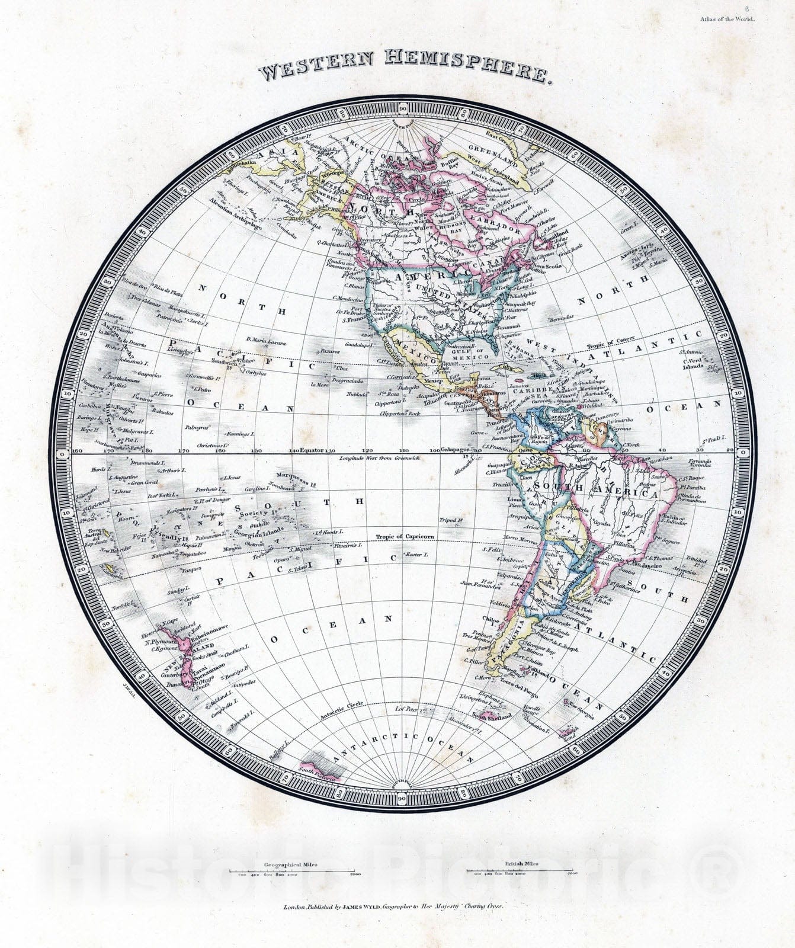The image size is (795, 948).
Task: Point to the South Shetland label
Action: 487,718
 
